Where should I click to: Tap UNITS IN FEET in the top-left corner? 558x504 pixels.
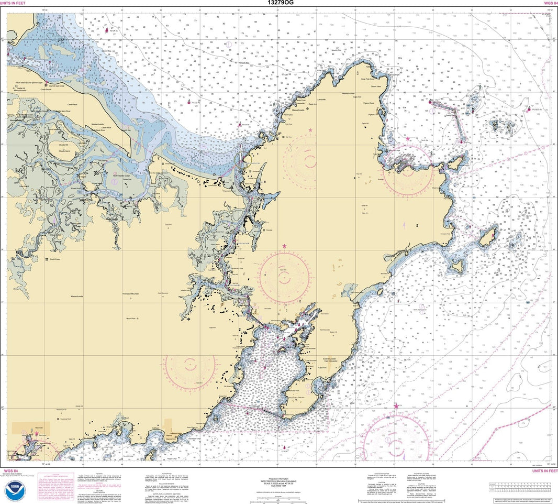pyautogui.click(x=13, y=3)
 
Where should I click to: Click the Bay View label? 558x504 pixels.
pyautogui.click(x=287, y=137)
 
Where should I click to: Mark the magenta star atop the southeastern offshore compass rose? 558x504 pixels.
pyautogui.click(x=396, y=407)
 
